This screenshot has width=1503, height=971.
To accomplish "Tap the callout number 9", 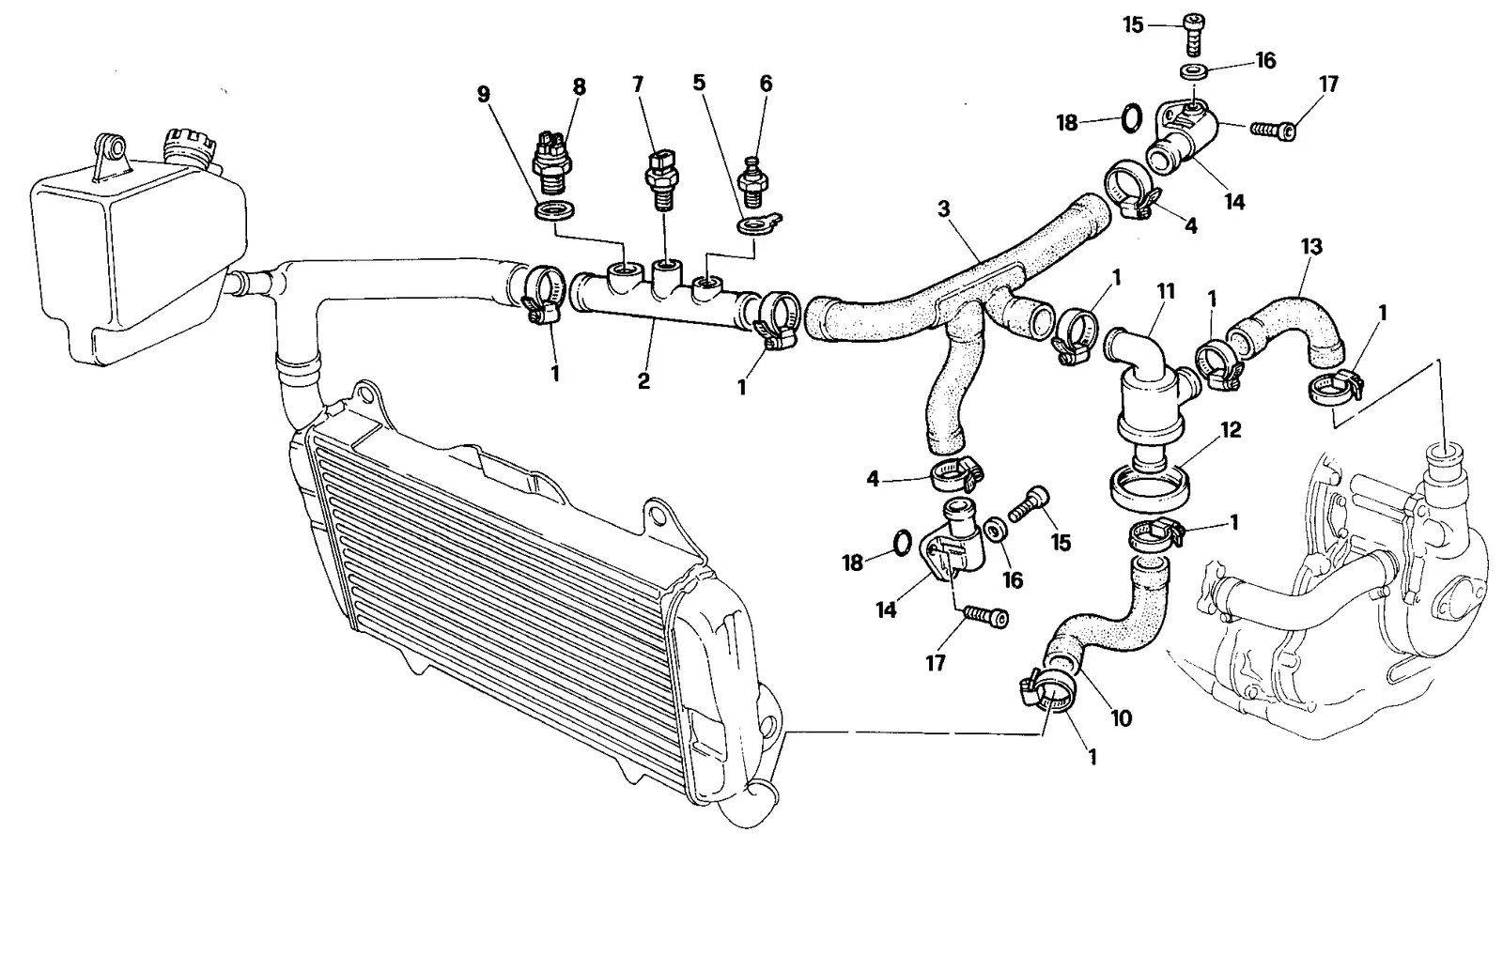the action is tap(484, 95).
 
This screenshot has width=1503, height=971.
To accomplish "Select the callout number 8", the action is tap(579, 86).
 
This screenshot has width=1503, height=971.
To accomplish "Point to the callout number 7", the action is tap(638, 84).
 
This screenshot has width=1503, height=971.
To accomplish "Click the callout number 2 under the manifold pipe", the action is tap(643, 381).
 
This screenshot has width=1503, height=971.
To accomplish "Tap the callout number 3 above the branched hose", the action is tap(943, 209).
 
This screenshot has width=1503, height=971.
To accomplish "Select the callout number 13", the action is tap(1311, 247).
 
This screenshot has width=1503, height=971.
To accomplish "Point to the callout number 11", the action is tap(1166, 291).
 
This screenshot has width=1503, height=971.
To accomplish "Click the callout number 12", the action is tap(1231, 430).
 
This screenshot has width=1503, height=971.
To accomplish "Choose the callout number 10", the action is tap(1122, 718).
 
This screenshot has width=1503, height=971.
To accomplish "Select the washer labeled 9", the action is tap(554, 211).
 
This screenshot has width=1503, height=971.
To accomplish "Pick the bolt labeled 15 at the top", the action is tap(1194, 34).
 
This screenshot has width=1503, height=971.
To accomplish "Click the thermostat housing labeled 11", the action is tap(1150, 389).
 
